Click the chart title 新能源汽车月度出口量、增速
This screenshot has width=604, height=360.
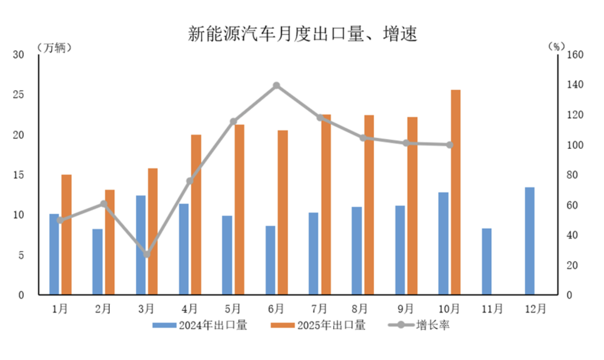302,34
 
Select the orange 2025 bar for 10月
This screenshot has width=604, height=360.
456,193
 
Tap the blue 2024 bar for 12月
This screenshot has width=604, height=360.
530,241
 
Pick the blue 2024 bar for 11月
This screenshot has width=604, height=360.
486,261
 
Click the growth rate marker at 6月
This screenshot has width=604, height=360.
277,86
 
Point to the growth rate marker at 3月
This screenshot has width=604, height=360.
147,254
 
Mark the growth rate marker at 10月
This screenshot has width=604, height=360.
450,145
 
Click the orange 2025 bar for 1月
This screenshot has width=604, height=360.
66,235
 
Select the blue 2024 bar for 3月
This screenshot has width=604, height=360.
141,245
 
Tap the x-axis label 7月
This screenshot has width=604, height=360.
319,309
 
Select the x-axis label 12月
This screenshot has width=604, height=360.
536,309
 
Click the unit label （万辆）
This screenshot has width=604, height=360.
54,47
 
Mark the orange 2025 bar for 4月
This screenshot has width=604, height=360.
196,215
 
